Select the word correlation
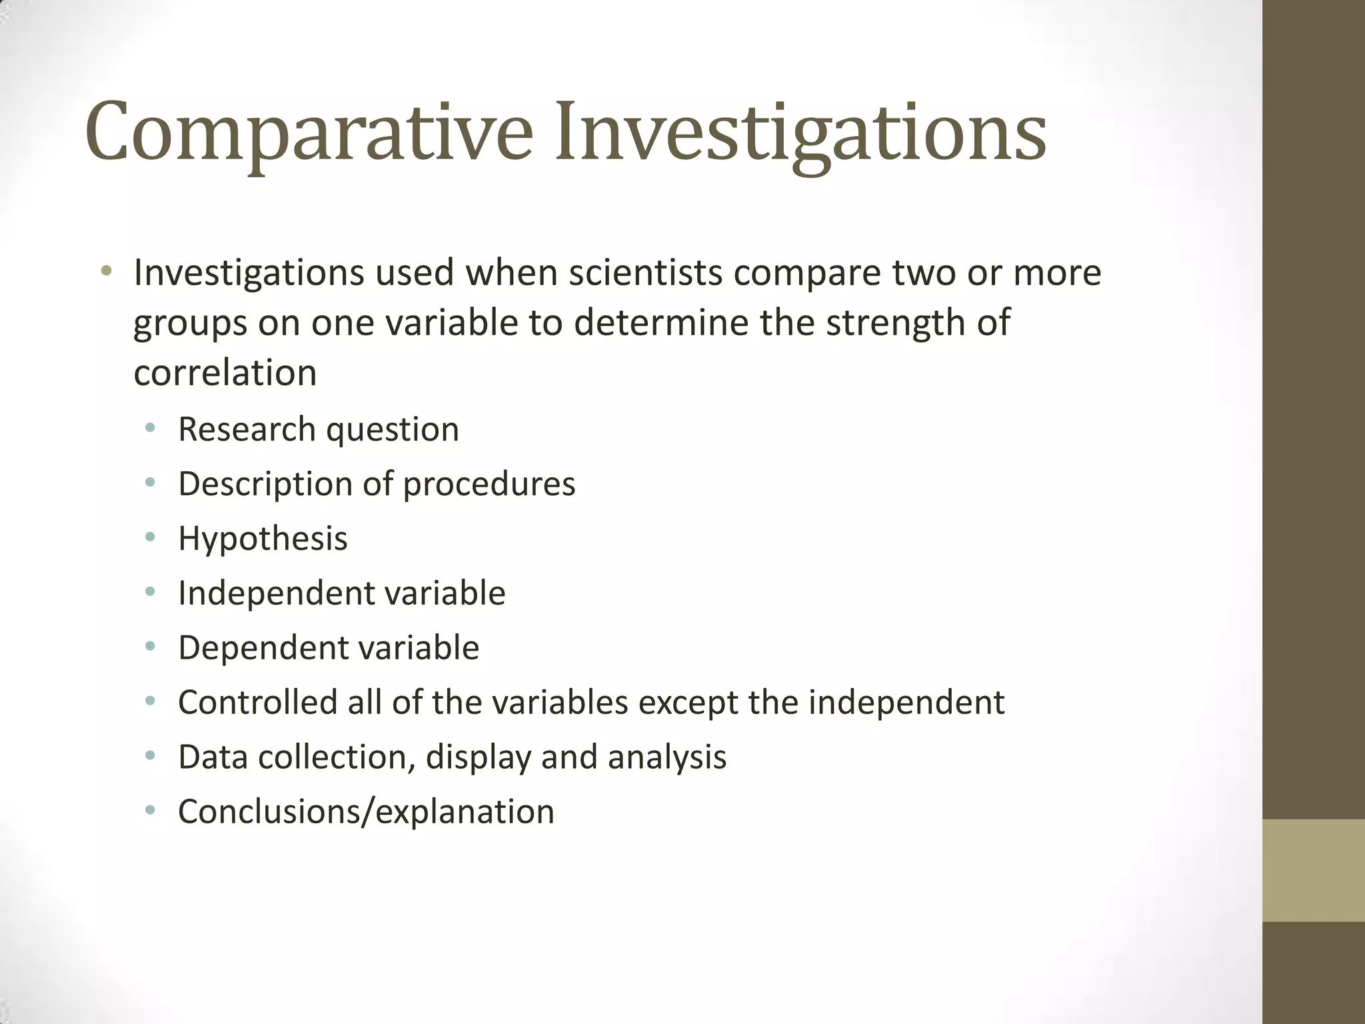pyautogui.click(x=225, y=373)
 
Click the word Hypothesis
pyautogui.click(x=263, y=539)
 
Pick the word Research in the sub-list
pyautogui.click(x=246, y=429)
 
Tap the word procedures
pyautogui.click(x=489, y=484)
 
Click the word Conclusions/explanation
pyautogui.click(x=366, y=812)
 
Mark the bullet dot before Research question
pyautogui.click(x=151, y=428)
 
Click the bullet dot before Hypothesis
pyautogui.click(x=151, y=537)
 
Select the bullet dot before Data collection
pyautogui.click(x=151, y=756)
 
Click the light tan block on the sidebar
pyautogui.click(x=1314, y=870)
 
